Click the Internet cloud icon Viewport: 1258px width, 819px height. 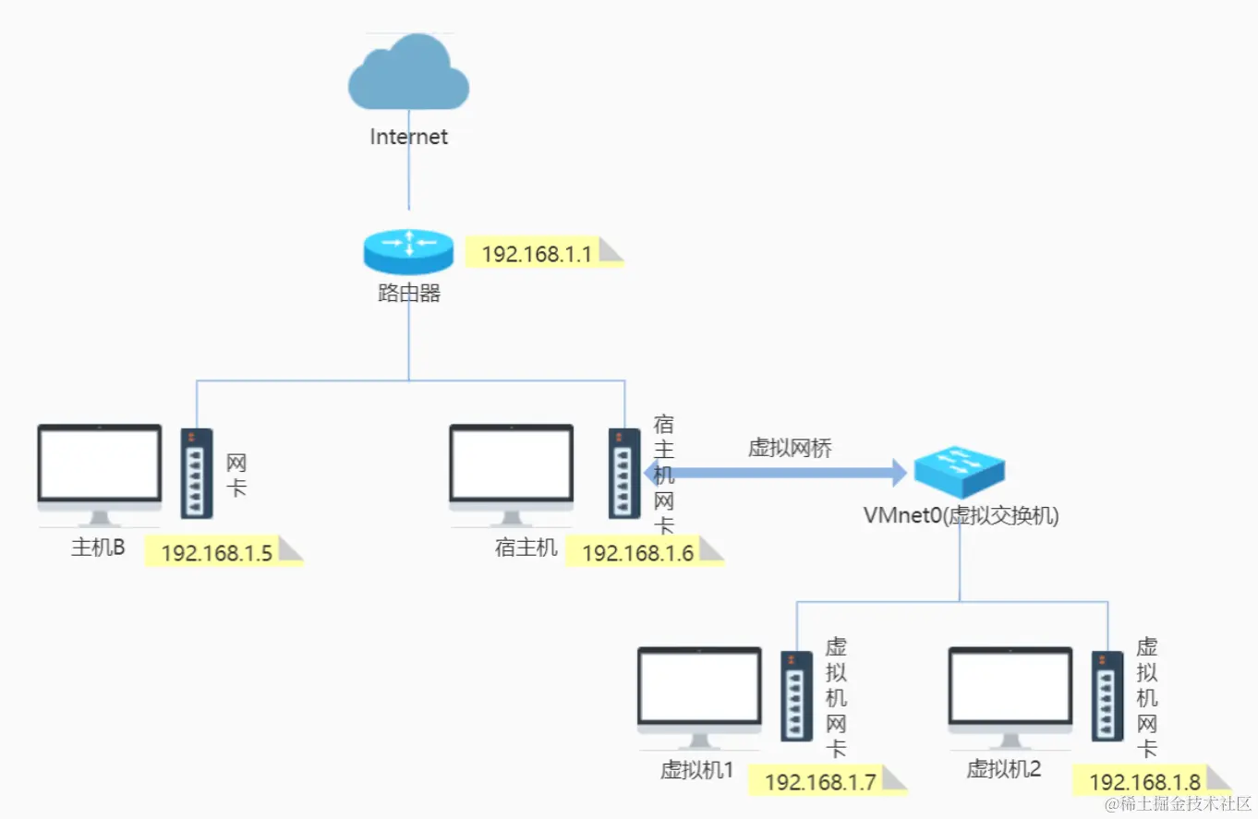(x=408, y=77)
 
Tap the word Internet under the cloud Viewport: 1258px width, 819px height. (x=408, y=137)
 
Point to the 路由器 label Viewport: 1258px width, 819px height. (x=408, y=295)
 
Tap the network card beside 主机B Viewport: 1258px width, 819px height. (x=197, y=473)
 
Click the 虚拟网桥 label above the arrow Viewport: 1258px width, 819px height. (x=790, y=449)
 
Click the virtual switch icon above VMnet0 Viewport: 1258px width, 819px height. (x=959, y=473)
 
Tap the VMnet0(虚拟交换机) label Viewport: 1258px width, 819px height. (x=961, y=516)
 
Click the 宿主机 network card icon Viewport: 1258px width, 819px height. (x=624, y=473)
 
